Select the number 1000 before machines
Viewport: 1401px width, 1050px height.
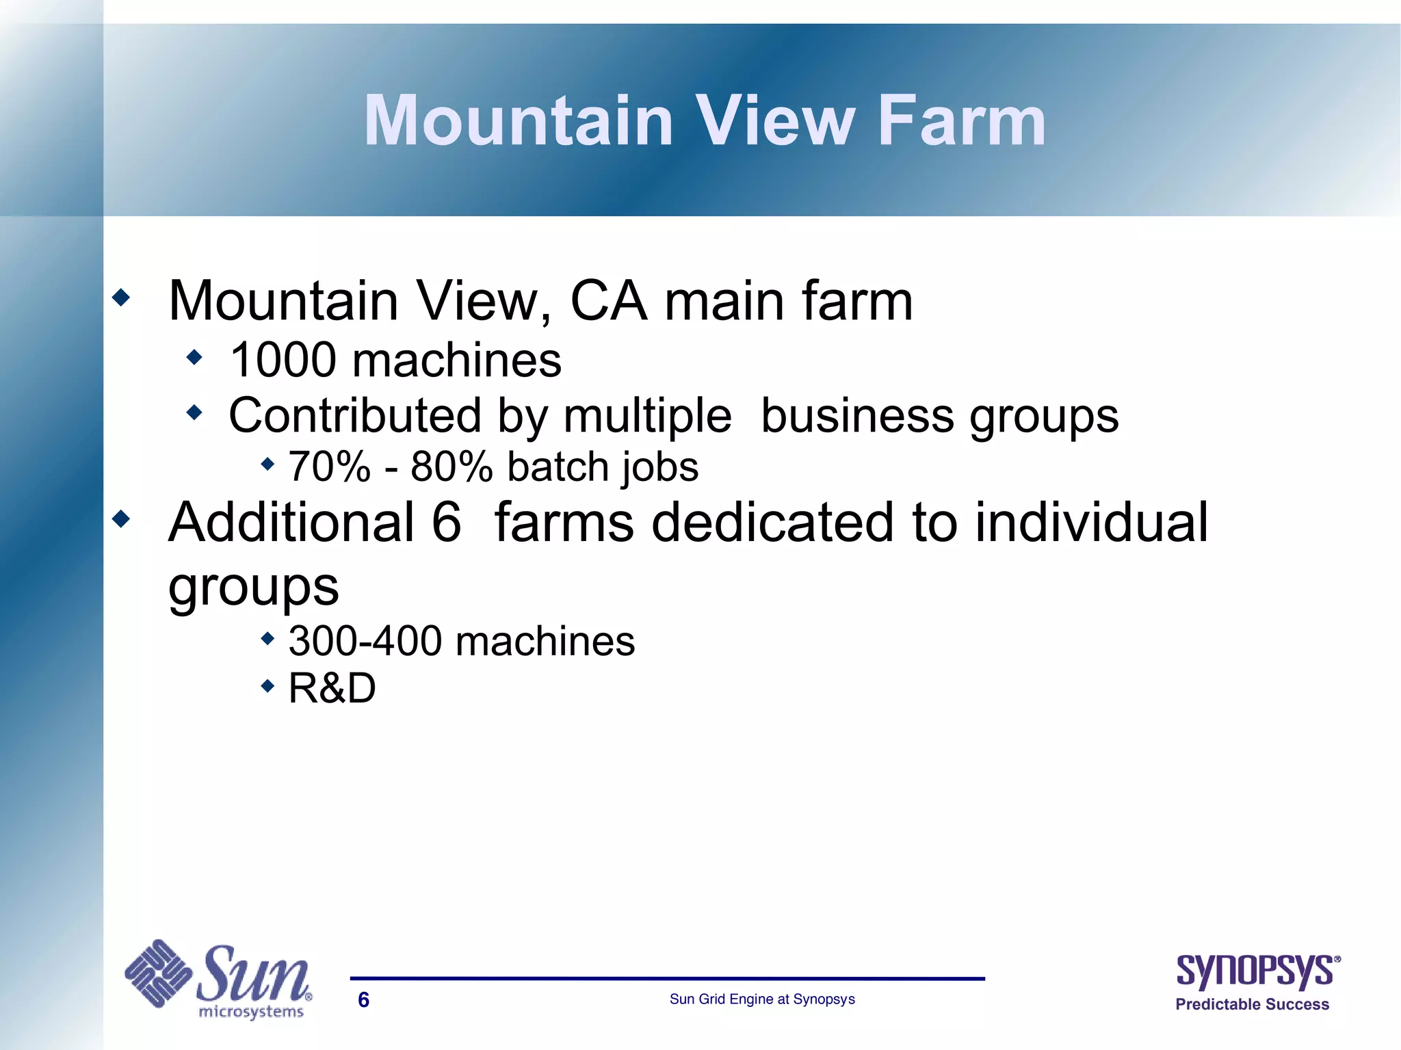tap(283, 360)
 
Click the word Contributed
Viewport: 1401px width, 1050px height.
tap(355, 416)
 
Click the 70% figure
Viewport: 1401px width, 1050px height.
tap(329, 467)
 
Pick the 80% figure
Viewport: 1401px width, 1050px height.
tap(451, 467)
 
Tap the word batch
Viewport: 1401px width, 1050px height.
tap(558, 467)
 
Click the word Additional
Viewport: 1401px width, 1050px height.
tap(291, 523)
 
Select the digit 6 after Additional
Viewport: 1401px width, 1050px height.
tap(446, 523)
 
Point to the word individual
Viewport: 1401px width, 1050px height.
tap(1092, 523)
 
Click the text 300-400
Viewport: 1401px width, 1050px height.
tap(365, 642)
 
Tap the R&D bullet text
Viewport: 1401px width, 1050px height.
tap(332, 688)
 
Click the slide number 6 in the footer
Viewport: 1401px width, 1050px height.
tap(364, 1000)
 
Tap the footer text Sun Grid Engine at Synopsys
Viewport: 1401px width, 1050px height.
tap(762, 999)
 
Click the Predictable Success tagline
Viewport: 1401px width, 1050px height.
tap(1252, 1004)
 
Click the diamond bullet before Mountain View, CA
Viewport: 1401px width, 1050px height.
tap(121, 298)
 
